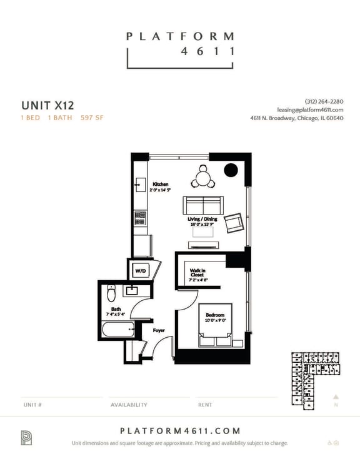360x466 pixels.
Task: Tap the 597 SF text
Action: pyautogui.click(x=91, y=118)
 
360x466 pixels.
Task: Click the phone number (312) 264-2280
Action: pyautogui.click(x=324, y=101)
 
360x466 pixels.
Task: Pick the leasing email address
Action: pyautogui.click(x=310, y=109)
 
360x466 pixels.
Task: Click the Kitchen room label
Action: pyautogui.click(x=161, y=185)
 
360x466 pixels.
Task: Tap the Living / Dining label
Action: pyautogui.click(x=202, y=220)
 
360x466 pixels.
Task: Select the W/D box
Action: pyautogui.click(x=139, y=271)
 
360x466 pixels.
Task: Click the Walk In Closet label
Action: pyautogui.click(x=199, y=273)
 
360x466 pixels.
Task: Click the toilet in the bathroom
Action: pyautogui.click(x=112, y=293)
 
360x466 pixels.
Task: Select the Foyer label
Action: pyautogui.click(x=159, y=330)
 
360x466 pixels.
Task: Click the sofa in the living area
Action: pyautogui.click(x=202, y=205)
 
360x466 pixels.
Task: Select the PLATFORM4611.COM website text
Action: pyautogui.click(x=180, y=430)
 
